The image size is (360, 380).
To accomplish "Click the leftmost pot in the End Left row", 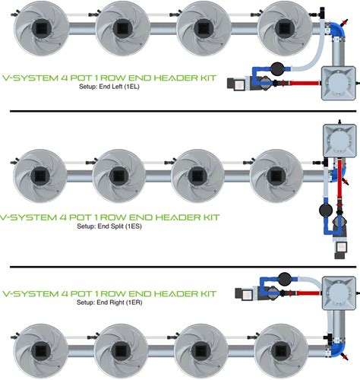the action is [x=41, y=28].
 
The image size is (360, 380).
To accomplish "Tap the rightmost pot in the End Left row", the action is [x=284, y=28].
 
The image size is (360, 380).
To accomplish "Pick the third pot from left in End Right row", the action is [x=201, y=351].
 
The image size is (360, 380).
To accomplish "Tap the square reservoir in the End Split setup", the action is [x=339, y=141].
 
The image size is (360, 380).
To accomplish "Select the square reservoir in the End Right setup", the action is [x=339, y=293].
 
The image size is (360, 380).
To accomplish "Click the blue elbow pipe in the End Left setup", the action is [x=338, y=30].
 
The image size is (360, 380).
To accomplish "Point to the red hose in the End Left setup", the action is [x=304, y=83].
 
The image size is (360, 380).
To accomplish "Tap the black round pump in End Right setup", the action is [x=285, y=279].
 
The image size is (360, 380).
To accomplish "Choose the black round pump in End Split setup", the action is [x=326, y=210].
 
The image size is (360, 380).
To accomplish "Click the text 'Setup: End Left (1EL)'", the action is [x=109, y=87].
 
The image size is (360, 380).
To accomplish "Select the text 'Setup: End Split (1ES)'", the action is [x=109, y=226].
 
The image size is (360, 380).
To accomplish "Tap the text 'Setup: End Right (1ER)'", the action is [x=109, y=302].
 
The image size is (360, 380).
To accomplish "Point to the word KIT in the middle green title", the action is [x=210, y=217].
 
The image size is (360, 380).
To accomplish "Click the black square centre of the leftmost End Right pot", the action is [x=40, y=351].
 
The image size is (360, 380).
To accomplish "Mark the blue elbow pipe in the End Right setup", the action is [x=339, y=349].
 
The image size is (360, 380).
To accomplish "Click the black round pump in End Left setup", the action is [x=277, y=68].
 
